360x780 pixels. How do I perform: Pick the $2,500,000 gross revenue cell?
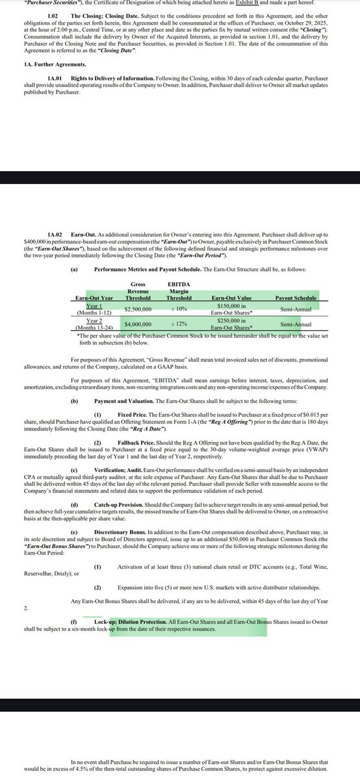click(x=138, y=309)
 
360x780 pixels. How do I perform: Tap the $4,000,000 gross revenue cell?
click(x=138, y=324)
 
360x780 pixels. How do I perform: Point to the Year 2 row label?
click(x=86, y=320)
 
